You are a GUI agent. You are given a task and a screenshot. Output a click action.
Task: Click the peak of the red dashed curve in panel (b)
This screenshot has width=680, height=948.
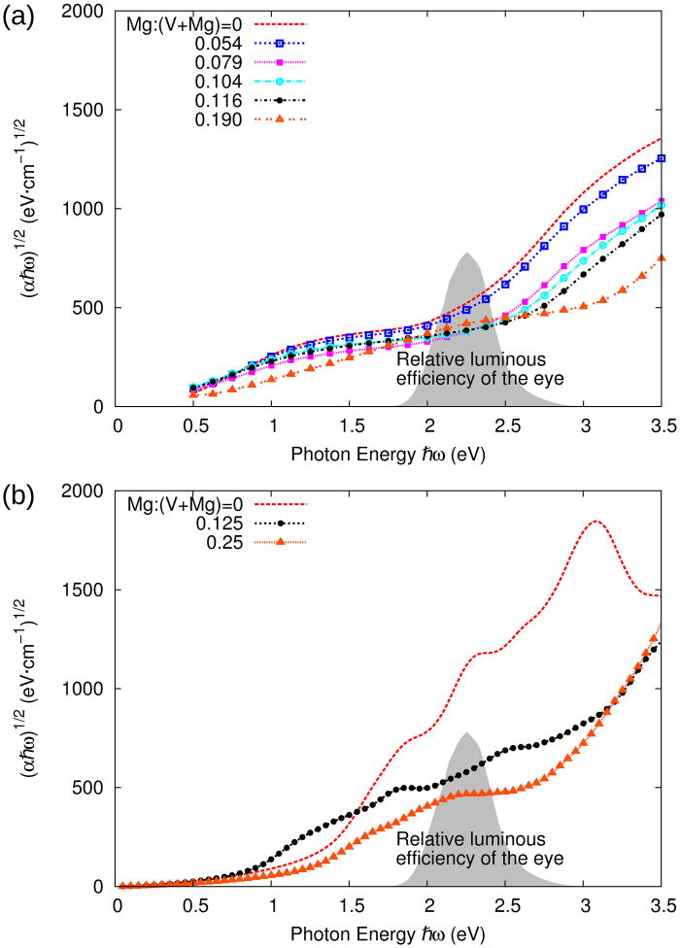pos(595,522)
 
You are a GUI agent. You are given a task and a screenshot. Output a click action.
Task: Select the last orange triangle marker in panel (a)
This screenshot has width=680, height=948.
pos(662,258)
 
